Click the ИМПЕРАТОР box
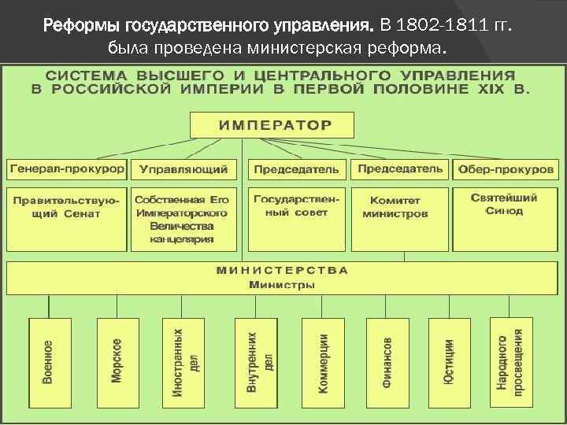point(272,125)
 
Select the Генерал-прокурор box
point(67,169)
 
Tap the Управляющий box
point(183,169)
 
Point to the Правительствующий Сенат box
point(66,208)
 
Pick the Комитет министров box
point(399,208)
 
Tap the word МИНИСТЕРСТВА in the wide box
point(282,270)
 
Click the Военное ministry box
point(49,361)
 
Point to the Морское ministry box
point(117,361)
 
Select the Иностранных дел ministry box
point(183,361)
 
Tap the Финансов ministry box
point(387,361)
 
